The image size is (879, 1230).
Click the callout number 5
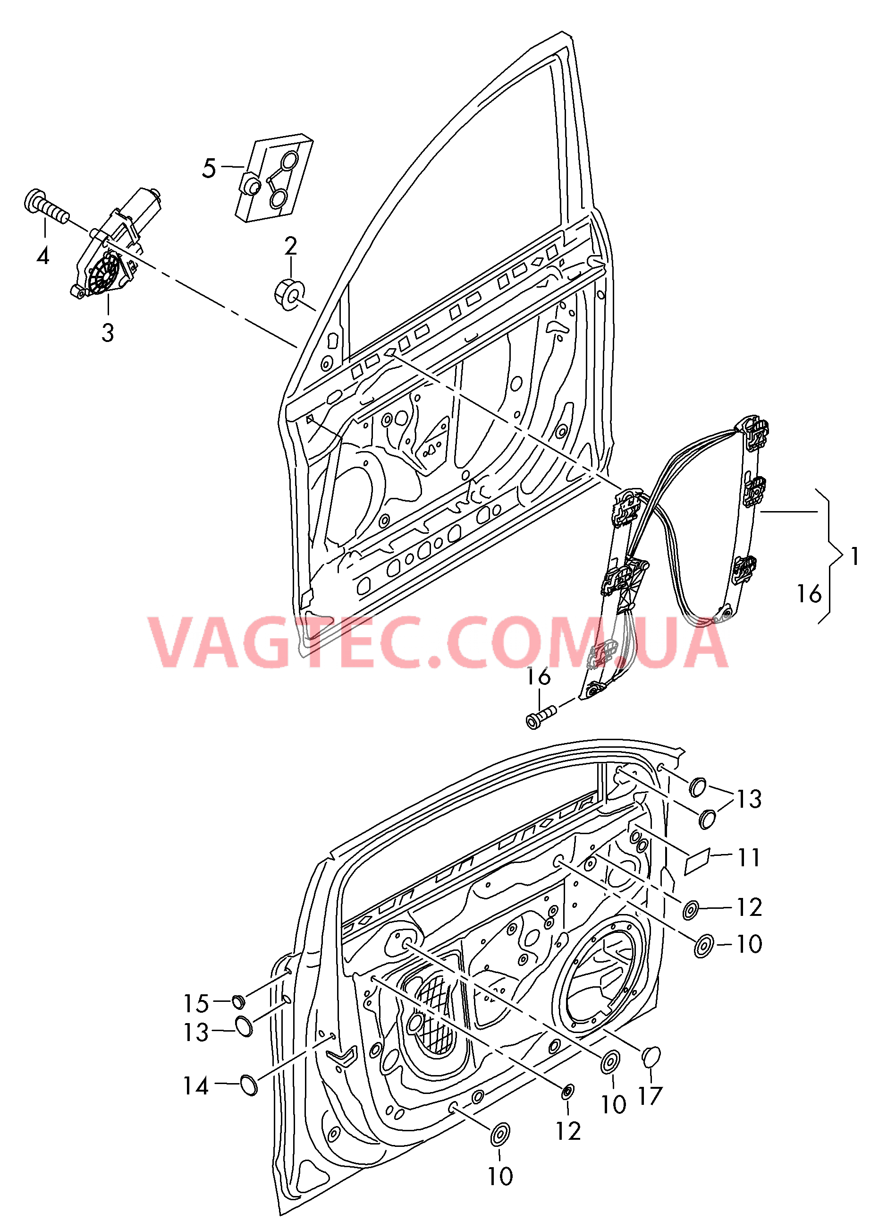209,169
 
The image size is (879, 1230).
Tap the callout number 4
43,255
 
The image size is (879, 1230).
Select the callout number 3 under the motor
108,333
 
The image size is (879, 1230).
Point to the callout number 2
291,247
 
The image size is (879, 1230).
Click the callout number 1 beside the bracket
854,556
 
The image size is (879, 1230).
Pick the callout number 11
749,858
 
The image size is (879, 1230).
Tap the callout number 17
650,1096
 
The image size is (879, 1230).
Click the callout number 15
196,1004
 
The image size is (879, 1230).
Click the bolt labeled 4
47,208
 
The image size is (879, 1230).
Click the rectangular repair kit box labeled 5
274,178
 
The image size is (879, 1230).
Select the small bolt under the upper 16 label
541,716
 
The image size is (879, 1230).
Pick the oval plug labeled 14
248,1085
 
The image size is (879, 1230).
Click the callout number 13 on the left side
196,1033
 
